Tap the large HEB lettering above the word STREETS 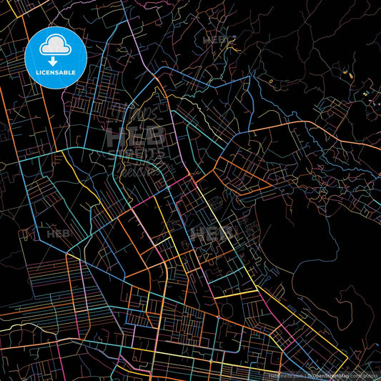coord(136,137)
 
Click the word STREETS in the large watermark coord(136,154)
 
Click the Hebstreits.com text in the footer coord(285,375)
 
